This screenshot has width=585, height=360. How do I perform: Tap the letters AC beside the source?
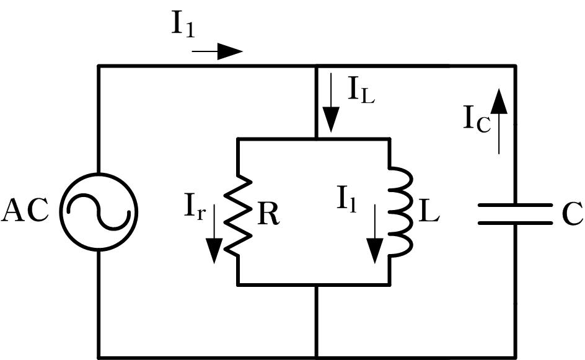coord(25,211)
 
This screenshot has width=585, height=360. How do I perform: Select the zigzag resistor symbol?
coord(238,215)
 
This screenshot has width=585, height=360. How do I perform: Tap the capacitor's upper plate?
coord(515,205)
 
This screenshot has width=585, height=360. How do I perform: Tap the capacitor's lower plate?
coord(515,223)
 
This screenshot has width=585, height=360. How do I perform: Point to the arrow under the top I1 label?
coord(218,51)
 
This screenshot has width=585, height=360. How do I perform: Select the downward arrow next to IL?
coord(331,103)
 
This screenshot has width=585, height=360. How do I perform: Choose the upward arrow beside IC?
coord(499,121)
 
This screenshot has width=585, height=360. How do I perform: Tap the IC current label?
coord(477,118)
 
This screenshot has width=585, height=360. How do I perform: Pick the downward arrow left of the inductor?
coord(374,234)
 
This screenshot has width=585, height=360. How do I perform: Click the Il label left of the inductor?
coord(347,200)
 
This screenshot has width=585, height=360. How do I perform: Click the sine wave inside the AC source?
coord(99,212)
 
